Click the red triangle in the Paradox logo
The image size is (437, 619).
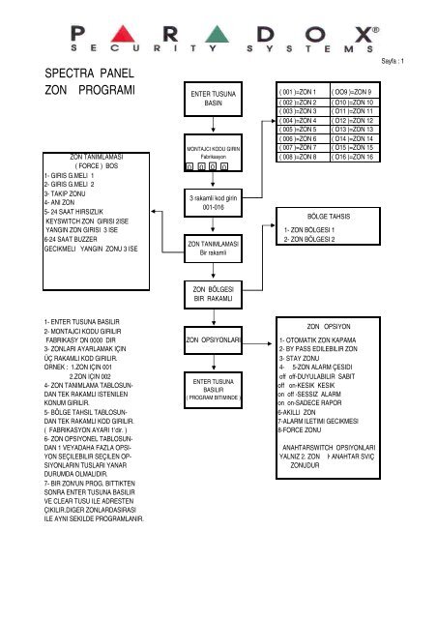(123, 34)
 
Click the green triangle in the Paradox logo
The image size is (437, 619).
(217, 34)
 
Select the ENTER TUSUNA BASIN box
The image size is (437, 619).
(213, 99)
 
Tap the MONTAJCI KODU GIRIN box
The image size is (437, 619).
(213, 153)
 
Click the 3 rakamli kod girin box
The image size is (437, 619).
(213, 202)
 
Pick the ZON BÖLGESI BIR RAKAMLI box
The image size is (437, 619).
(213, 294)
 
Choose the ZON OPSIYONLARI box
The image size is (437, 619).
(213, 339)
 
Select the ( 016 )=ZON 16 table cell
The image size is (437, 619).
(355, 157)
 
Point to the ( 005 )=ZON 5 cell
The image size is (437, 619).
(303, 130)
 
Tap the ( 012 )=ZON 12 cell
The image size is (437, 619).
(355, 120)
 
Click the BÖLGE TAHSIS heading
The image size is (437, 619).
(329, 217)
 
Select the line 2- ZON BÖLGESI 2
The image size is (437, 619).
(309, 239)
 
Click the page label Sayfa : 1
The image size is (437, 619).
(393, 61)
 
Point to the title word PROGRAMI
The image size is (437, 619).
(106, 90)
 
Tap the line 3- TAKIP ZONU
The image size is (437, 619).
(65, 193)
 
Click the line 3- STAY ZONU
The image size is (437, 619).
(299, 358)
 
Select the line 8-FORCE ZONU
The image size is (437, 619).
(299, 429)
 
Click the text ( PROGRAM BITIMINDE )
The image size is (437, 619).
(213, 398)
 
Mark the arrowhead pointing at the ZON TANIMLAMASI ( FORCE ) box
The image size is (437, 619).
(154, 212)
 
